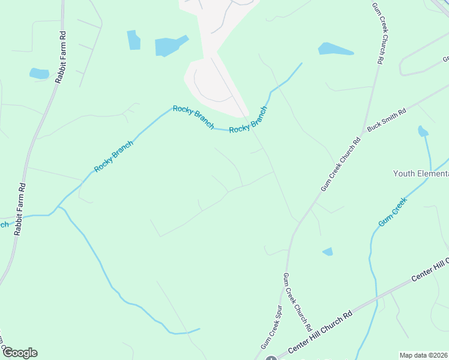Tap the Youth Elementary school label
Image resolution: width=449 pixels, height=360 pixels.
tap(421, 173)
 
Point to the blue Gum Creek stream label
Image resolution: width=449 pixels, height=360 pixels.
tap(392, 212)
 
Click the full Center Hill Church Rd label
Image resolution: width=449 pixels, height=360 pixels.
tap(320, 332)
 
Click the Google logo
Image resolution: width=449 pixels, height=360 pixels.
tap(20, 353)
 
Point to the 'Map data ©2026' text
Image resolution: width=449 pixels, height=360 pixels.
tap(424, 355)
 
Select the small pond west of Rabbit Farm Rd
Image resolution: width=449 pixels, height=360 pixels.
tap(39, 74)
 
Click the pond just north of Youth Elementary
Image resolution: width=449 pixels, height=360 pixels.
tap(423, 131)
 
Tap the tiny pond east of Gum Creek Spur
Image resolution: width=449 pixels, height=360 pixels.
tap(328, 251)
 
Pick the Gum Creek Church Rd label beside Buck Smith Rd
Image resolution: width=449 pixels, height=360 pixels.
tap(340, 164)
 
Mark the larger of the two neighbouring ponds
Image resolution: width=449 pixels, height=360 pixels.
tap(169, 46)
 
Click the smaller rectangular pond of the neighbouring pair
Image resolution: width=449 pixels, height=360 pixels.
tap(133, 40)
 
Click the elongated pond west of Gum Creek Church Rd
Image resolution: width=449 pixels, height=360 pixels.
tap(336, 49)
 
